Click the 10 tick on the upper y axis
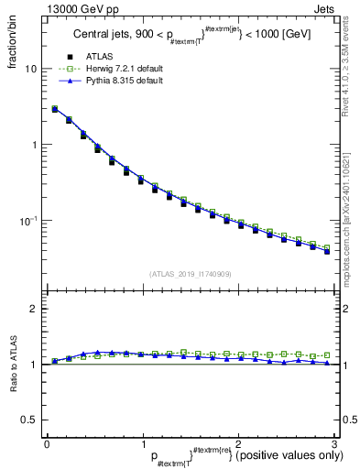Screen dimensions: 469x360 tap(30, 70)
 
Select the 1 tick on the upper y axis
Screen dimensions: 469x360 tap(33, 145)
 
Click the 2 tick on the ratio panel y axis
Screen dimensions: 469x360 tap(33, 309)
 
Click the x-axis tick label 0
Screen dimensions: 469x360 tap(47, 444)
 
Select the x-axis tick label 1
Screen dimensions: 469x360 tap(143, 444)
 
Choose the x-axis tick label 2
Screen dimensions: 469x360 tap(239, 444)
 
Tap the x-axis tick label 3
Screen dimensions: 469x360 tap(334, 444)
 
